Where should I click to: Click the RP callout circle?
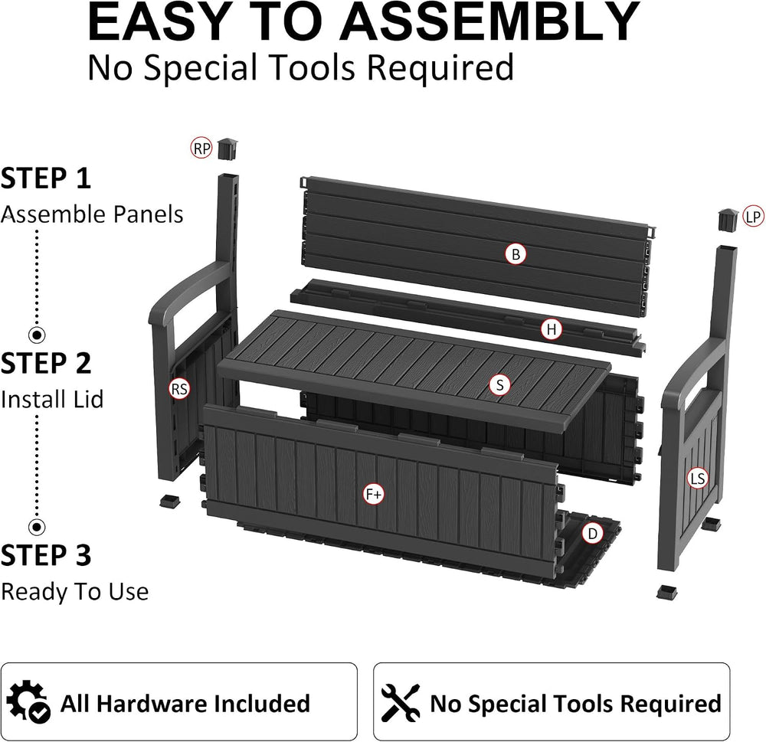[x=201, y=149]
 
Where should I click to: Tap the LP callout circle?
[x=753, y=217]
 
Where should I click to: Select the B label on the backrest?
[x=516, y=254]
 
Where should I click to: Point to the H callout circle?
[x=552, y=330]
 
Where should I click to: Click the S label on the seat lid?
[x=499, y=385]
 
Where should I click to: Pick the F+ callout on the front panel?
[x=375, y=495]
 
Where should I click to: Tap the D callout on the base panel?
[x=593, y=534]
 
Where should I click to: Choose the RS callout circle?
[x=179, y=389]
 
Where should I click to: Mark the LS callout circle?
[x=698, y=479]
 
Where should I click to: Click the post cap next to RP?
[x=228, y=149]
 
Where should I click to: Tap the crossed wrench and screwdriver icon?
[x=401, y=702]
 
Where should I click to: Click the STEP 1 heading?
[x=46, y=178]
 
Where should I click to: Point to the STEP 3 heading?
[x=46, y=555]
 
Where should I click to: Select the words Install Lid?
[x=52, y=399]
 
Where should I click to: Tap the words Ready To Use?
[x=75, y=592]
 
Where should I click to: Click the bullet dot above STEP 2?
[x=36, y=335]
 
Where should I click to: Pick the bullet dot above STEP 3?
[x=36, y=527]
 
